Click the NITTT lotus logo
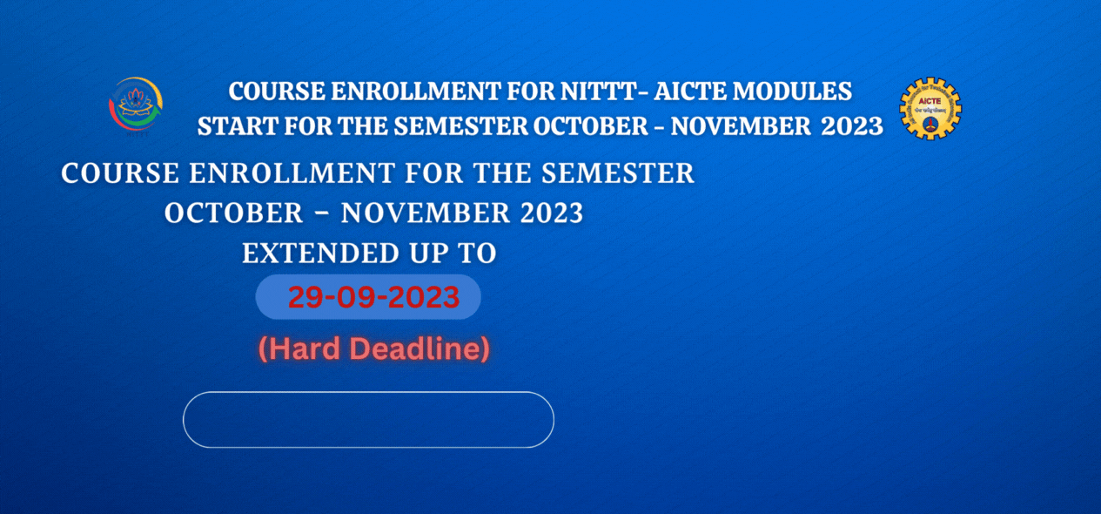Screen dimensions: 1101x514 pyautogui.click(x=136, y=105)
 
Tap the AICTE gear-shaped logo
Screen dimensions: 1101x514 pyautogui.click(x=930, y=109)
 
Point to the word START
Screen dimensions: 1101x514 pyautogui.click(x=238, y=126)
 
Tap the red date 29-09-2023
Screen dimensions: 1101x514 pyautogui.click(x=373, y=297)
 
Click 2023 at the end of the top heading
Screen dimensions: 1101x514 pyautogui.click(x=852, y=126)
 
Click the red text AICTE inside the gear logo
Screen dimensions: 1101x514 pyautogui.click(x=930, y=101)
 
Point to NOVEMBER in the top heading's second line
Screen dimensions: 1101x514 pyautogui.click(x=741, y=126)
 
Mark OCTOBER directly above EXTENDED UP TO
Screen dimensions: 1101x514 pyautogui.click(x=233, y=213)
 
